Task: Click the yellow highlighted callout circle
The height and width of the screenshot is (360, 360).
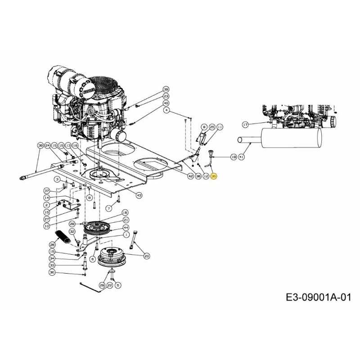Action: tap(214, 177)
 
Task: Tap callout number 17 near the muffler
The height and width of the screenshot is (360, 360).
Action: tap(245, 124)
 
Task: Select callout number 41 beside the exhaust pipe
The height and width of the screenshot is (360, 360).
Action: tap(241, 157)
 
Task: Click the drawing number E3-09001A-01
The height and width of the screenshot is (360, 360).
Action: tap(318, 297)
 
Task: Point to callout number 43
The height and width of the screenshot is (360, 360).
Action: tap(139, 194)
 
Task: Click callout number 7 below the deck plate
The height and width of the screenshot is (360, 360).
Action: tap(108, 208)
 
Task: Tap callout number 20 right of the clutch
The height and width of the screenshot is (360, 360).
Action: tap(147, 256)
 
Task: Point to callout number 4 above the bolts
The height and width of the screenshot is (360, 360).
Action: tap(166, 110)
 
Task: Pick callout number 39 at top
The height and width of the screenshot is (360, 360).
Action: tap(166, 89)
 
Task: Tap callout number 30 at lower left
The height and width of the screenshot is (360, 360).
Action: tap(52, 273)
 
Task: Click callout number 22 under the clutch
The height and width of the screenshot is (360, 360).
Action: tap(110, 285)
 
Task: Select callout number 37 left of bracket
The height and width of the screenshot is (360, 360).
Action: tap(47, 191)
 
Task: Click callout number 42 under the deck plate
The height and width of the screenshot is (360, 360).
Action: tap(190, 177)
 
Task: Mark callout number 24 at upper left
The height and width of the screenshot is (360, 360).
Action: tap(47, 146)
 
